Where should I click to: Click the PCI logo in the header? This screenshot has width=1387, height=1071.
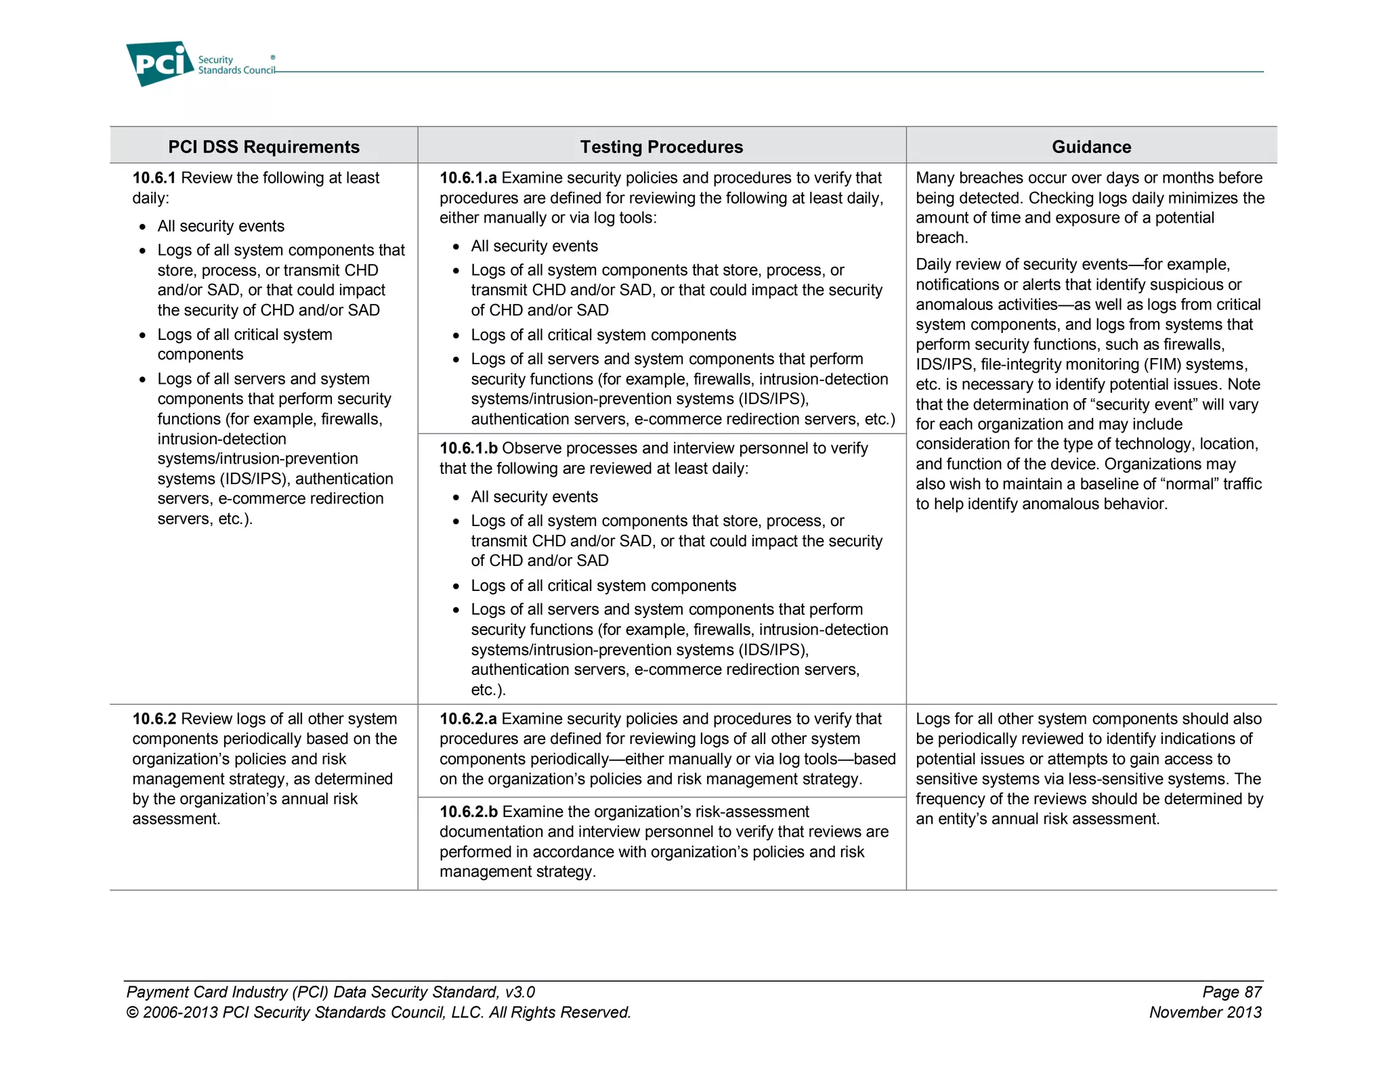tap(159, 64)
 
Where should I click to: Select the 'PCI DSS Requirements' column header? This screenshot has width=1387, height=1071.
tap(263, 147)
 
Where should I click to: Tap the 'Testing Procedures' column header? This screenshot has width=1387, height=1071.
tap(661, 147)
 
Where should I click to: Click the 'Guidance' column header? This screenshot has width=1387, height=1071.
tap(1091, 147)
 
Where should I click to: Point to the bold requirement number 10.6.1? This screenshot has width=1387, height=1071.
tap(154, 178)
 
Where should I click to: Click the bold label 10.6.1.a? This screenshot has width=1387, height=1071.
tap(468, 178)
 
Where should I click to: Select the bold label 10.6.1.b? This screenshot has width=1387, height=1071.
tap(468, 448)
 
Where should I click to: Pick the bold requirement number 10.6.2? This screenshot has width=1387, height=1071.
tap(154, 719)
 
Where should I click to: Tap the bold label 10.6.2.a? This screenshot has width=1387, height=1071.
tap(468, 719)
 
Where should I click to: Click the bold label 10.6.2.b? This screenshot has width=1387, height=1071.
tap(468, 812)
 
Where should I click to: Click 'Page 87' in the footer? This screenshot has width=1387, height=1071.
tap(1231, 992)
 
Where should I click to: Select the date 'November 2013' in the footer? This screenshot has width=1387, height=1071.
tap(1205, 1013)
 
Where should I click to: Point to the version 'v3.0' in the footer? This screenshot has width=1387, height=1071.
tap(519, 992)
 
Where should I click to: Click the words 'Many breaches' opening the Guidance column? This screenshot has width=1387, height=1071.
tap(966, 178)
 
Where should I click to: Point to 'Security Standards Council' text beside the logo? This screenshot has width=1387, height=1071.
tap(236, 65)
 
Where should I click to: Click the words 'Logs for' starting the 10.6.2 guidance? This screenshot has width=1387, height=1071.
tap(945, 719)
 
